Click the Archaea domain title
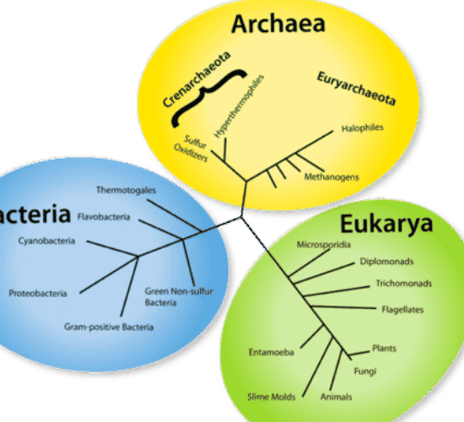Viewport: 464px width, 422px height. click(278, 24)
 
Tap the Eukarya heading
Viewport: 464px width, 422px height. click(386, 225)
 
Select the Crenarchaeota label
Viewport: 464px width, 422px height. click(197, 79)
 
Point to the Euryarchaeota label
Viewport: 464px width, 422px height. click(356, 89)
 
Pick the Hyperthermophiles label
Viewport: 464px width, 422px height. click(239, 106)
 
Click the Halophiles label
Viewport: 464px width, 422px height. click(362, 128)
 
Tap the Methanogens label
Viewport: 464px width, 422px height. click(332, 176)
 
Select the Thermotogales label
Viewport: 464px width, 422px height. click(126, 190)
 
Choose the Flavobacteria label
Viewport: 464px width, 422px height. click(104, 217)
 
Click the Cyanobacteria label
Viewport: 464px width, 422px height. click(46, 241)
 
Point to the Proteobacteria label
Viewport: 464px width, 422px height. click(38, 293)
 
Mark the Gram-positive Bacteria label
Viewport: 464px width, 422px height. click(109, 327)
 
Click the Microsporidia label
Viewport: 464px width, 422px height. click(324, 245)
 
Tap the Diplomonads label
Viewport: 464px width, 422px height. click(386, 262)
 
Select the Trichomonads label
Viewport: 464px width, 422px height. click(403, 284)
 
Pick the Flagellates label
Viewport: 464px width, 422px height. click(402, 310)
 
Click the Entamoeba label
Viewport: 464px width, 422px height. click(272, 352)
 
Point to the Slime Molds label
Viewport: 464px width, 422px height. click(272, 397)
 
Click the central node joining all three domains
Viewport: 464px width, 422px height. click(241, 218)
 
